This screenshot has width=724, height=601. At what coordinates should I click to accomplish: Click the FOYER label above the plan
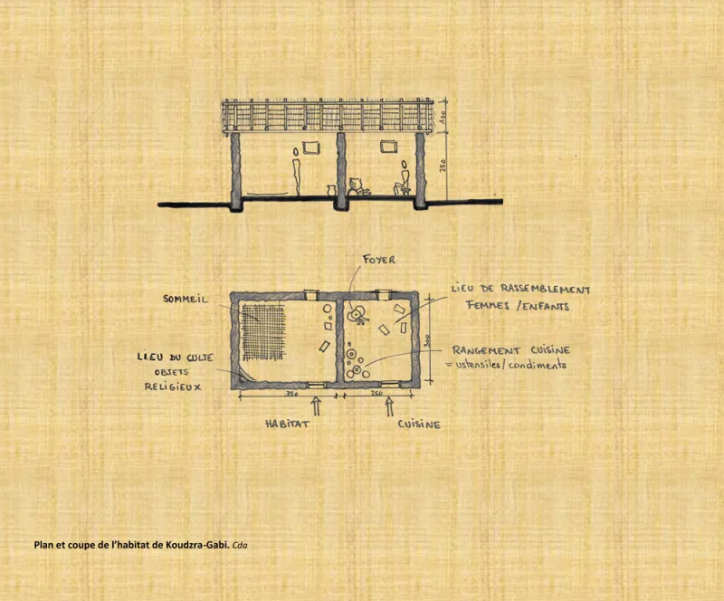tap(379, 260)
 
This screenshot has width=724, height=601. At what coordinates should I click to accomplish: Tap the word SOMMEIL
tap(186, 299)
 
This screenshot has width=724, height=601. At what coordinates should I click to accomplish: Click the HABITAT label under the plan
tap(287, 424)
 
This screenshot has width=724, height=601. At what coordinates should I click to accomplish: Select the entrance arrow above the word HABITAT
tap(316, 406)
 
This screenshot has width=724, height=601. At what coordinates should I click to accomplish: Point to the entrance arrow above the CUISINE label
tap(389, 406)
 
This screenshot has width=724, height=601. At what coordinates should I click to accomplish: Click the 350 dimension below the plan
tap(291, 394)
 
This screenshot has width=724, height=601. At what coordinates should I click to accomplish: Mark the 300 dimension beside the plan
tap(427, 341)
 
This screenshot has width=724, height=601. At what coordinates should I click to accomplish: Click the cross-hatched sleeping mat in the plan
tap(264, 330)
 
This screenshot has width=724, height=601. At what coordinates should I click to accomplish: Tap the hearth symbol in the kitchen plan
tap(357, 315)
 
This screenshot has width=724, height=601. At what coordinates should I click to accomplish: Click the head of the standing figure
tap(296, 151)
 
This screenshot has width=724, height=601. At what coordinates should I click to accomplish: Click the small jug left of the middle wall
tap(330, 191)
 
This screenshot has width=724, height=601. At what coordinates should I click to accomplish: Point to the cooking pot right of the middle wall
tap(355, 186)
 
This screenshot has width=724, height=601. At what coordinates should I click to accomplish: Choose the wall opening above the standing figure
tap(311, 148)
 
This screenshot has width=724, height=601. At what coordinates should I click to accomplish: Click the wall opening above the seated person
tap(388, 147)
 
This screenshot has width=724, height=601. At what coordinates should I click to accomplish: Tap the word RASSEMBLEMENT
tap(546, 289)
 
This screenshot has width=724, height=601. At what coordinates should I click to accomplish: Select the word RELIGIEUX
tap(173, 386)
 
